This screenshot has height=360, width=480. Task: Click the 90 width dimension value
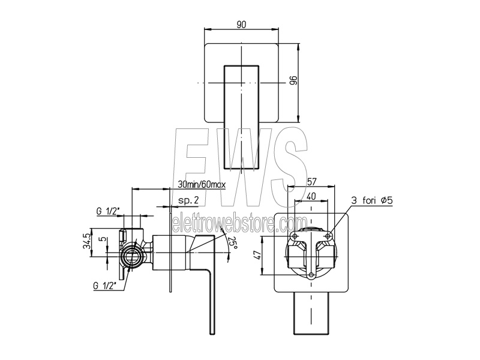241,25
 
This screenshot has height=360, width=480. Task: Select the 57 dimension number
311,182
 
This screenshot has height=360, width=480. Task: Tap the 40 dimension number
311,196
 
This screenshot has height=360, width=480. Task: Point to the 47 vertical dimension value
257,254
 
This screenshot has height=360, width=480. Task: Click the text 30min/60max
202,185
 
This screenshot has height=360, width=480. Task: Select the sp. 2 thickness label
188,200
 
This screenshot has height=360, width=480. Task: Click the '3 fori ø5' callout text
372,201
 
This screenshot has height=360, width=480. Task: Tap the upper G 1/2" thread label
108,211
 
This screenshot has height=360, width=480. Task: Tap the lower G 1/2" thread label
105,286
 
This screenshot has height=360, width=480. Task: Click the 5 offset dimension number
104,239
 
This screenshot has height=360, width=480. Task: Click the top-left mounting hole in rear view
295,236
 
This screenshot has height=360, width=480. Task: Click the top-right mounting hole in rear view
328,236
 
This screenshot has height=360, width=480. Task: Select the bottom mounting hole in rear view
311,275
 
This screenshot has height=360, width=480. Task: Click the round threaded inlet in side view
132,254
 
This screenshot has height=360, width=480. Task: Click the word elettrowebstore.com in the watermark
239,224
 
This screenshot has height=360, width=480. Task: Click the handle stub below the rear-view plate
311,313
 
